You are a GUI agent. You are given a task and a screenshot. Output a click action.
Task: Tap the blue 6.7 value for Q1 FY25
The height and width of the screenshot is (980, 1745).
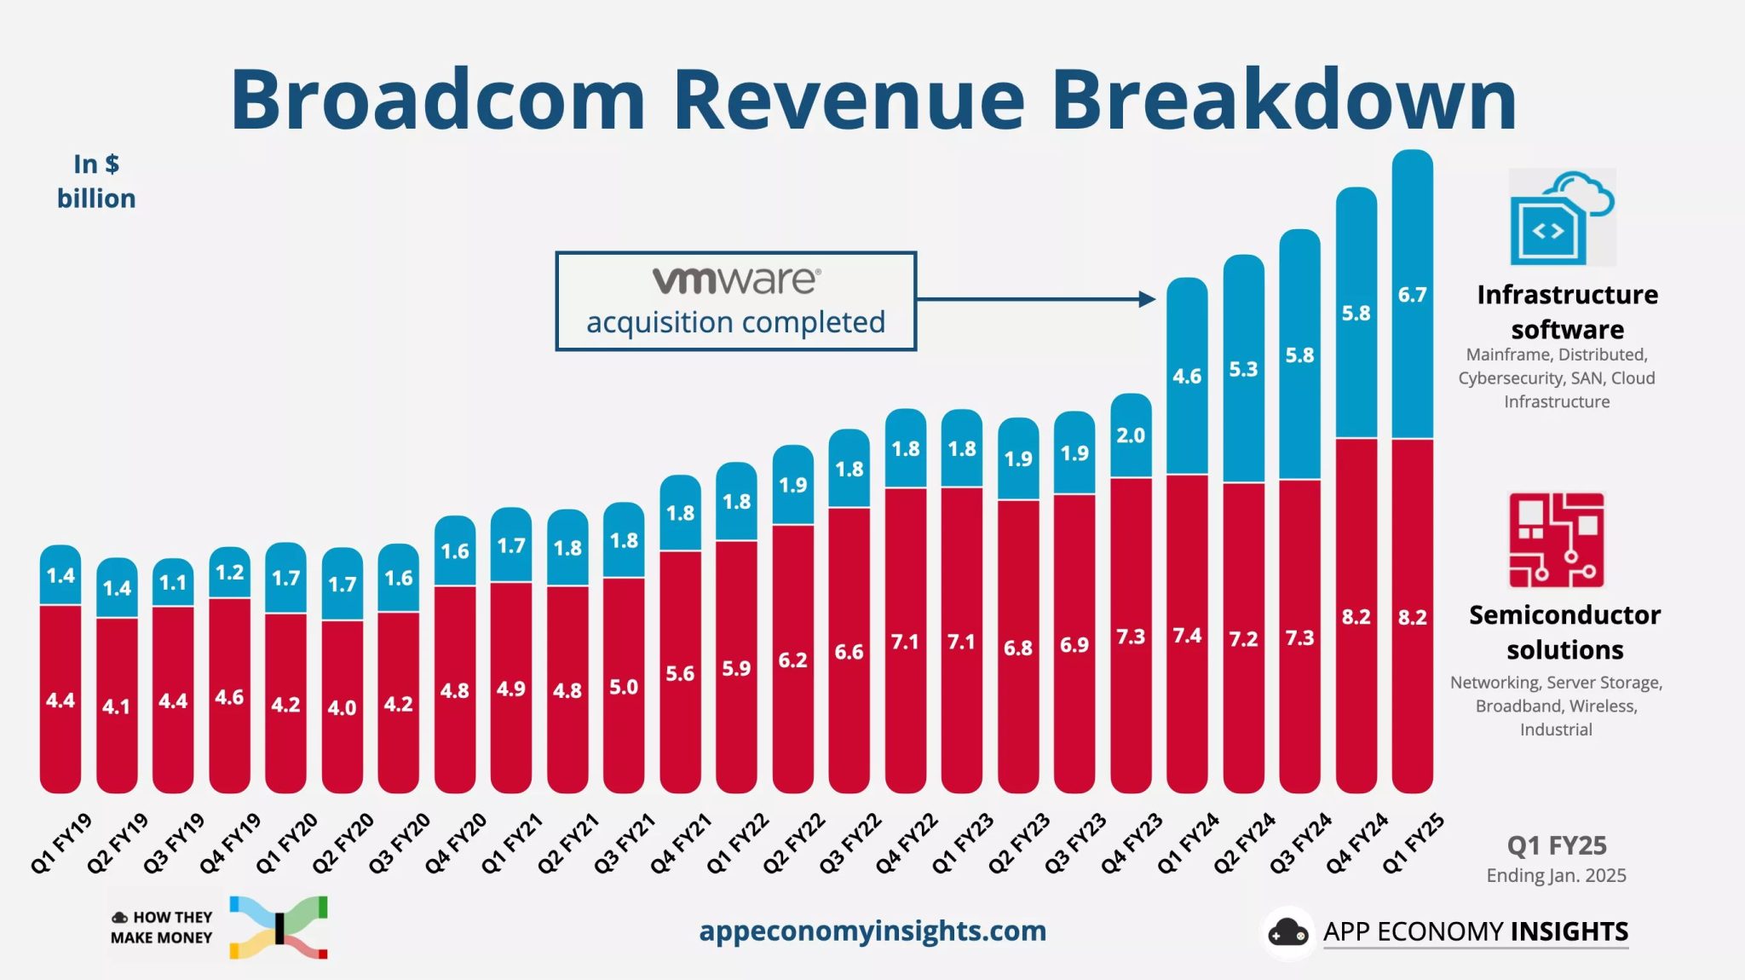tap(1412, 295)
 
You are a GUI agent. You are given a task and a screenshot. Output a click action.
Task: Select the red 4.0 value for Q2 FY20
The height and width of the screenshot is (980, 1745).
tap(342, 708)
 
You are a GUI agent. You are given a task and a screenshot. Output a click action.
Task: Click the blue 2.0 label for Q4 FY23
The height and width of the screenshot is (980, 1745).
tap(1131, 435)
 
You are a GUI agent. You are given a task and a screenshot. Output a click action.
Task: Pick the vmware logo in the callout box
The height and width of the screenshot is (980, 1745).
tap(736, 280)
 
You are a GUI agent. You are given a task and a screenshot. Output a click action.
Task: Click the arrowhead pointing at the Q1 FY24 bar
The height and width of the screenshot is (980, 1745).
tap(1147, 299)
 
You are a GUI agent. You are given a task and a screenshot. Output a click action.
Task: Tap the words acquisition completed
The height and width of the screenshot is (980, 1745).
tap(735, 322)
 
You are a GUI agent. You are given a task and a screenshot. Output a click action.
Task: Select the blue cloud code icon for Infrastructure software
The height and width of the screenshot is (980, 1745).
tap(1561, 218)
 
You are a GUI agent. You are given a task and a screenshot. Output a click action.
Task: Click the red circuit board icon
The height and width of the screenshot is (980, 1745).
tap(1556, 540)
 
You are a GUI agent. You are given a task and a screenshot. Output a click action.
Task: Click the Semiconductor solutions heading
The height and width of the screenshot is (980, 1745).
tap(1564, 631)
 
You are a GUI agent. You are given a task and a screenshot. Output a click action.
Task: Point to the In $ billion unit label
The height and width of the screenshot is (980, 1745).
tap(96, 182)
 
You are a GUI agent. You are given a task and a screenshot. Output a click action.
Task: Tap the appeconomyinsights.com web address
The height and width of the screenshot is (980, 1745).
tap(872, 931)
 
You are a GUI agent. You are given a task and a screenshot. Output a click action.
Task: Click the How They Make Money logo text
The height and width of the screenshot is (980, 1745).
tap(162, 927)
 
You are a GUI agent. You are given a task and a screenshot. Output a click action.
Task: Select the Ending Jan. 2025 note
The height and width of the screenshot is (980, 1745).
tap(1556, 875)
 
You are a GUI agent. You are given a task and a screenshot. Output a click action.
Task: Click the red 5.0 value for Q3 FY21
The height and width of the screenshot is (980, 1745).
tap(624, 687)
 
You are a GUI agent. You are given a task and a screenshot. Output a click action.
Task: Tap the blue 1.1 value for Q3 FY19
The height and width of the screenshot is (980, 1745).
tap(173, 583)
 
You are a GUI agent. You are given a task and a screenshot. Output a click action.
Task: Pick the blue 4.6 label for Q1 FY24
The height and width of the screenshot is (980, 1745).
tap(1187, 376)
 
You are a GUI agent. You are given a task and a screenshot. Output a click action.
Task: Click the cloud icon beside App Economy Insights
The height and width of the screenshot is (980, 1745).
tap(1288, 933)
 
